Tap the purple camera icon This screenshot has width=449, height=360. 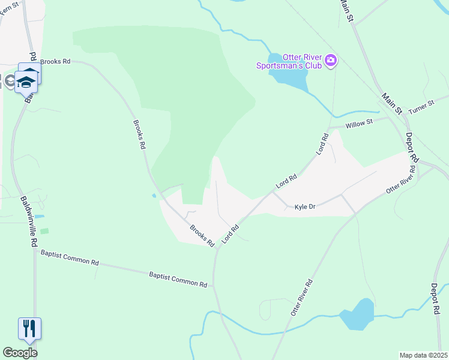pyautogui.click(x=330, y=61)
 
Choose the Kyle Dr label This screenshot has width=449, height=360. pyautogui.click(x=305, y=206)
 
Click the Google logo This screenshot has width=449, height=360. pyautogui.click(x=20, y=353)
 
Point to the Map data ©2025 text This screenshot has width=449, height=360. pyautogui.click(x=423, y=355)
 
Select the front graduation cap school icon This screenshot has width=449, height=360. pyautogui.click(x=26, y=81)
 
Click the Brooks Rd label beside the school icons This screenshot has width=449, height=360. pyautogui.click(x=55, y=61)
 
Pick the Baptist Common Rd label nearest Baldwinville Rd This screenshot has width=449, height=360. pyautogui.click(x=70, y=257)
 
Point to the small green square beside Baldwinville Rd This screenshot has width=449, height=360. pyautogui.click(x=44, y=231)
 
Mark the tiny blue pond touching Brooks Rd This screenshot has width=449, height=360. pyautogui.click(x=154, y=195)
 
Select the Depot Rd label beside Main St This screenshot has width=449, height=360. pyautogui.click(x=411, y=148)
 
